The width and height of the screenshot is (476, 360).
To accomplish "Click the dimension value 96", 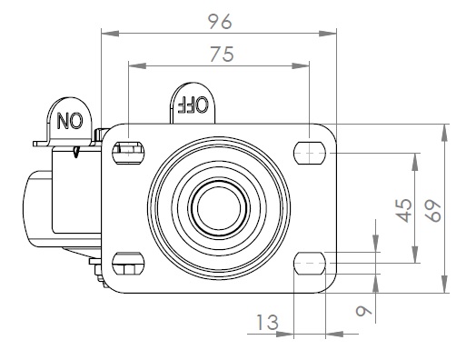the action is tap(220, 22).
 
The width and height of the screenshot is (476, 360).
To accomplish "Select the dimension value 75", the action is tap(223, 55).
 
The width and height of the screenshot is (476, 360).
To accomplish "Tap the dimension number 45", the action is tap(404, 210).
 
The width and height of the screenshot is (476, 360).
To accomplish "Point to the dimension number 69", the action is tap(432, 211).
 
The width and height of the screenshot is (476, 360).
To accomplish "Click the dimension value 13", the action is tap(267, 323).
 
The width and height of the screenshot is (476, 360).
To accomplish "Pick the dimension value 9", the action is tap(363, 311).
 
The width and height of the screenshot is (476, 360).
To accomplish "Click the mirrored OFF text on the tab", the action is tap(193, 105).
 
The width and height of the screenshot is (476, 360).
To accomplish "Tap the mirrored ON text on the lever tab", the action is tap(70, 121).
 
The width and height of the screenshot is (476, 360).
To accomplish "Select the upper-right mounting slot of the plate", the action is tap(310, 153).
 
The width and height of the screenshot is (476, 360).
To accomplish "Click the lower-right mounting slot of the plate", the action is tap(310, 263).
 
